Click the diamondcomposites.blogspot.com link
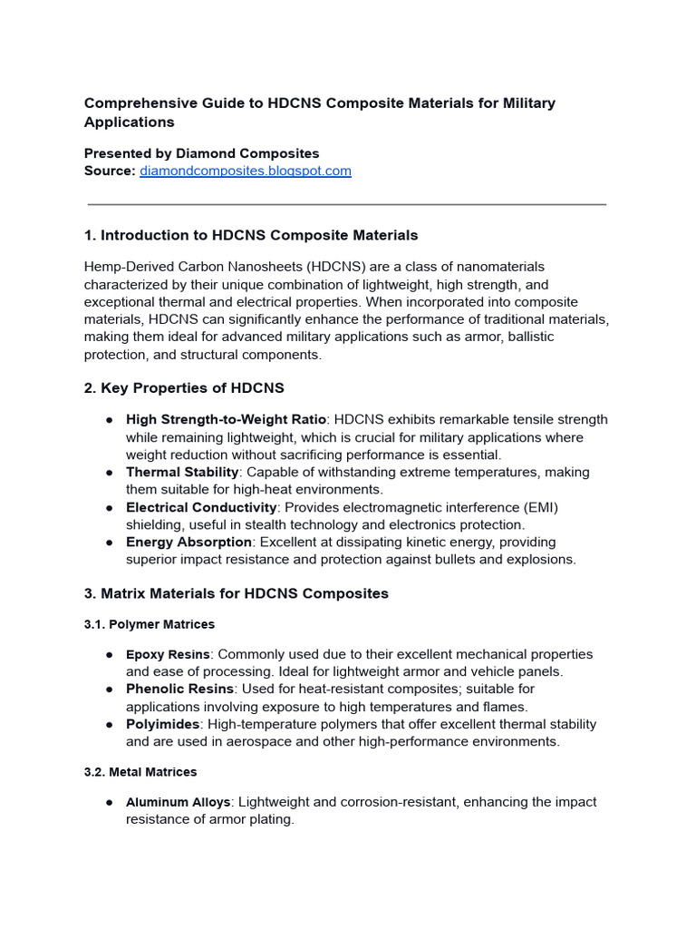[x=245, y=171]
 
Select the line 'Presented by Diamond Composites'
[x=201, y=153]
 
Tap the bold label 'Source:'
[x=110, y=171]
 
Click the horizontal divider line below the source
[x=347, y=204]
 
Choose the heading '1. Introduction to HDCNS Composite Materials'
[x=251, y=235]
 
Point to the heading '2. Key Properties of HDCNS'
[x=184, y=388]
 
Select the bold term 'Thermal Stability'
[x=182, y=472]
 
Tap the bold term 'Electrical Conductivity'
[x=201, y=507]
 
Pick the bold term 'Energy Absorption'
[x=188, y=542]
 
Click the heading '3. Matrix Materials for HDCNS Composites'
[x=236, y=593]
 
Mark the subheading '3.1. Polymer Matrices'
[x=150, y=624]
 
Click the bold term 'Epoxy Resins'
[x=168, y=654]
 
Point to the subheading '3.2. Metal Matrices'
[x=140, y=772]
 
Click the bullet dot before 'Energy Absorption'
[x=109, y=543]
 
